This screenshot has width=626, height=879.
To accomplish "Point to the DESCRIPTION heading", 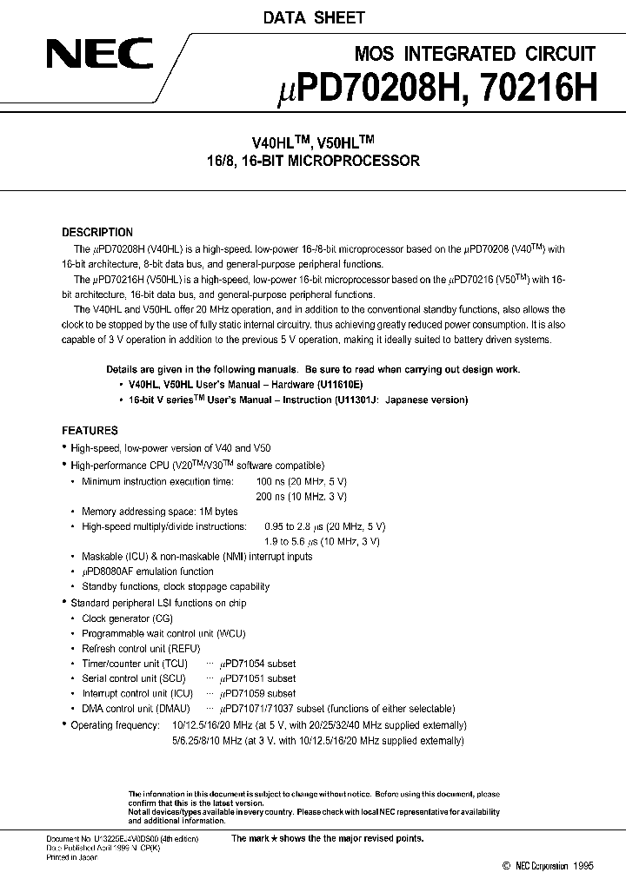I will pos(97,233).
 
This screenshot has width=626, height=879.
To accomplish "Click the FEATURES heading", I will pos(90,431).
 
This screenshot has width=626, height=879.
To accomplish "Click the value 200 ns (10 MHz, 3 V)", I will pos(302,496).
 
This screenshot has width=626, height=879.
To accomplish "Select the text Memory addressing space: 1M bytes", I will pos(159,512).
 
